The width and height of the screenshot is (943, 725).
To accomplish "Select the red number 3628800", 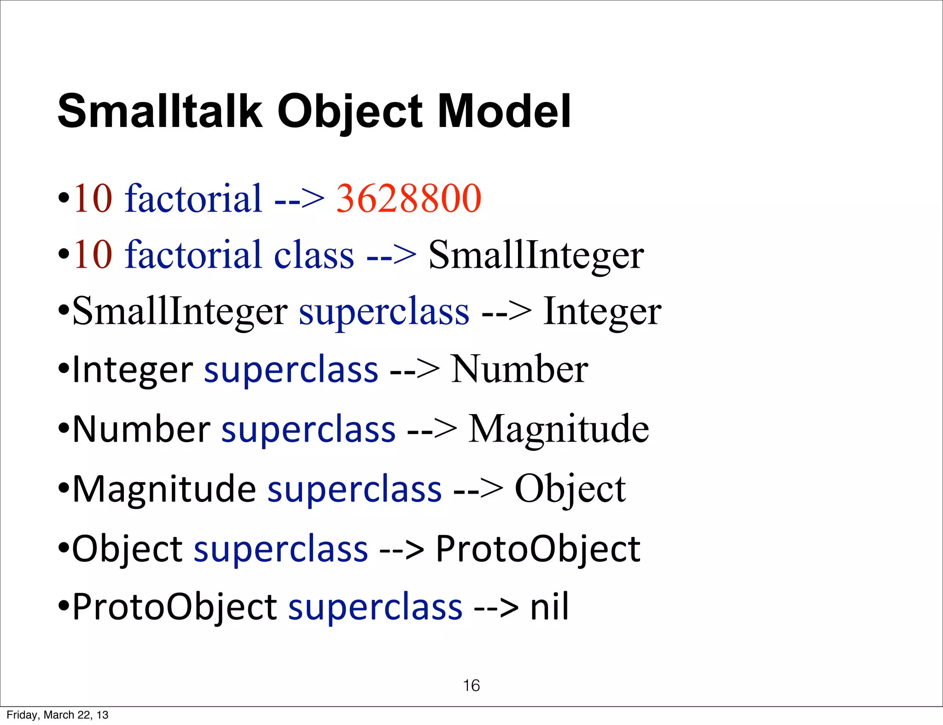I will coord(408,198).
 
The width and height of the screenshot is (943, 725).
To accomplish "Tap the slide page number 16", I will coord(471,685).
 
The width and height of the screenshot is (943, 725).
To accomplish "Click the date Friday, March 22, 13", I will coord(58,714).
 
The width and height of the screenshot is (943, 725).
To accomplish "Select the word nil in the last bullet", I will coord(549,607).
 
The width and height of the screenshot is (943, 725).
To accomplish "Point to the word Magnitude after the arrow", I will coord(558,429).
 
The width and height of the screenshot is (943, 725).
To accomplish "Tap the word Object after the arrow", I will coord(570,489).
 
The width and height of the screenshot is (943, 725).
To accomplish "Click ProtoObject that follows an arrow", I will coord(538,548).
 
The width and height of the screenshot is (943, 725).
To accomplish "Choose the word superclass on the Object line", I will coord(281,548).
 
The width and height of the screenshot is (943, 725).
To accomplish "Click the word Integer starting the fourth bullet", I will coord(133,370).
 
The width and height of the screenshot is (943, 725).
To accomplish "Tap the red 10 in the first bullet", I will coord(93,198).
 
